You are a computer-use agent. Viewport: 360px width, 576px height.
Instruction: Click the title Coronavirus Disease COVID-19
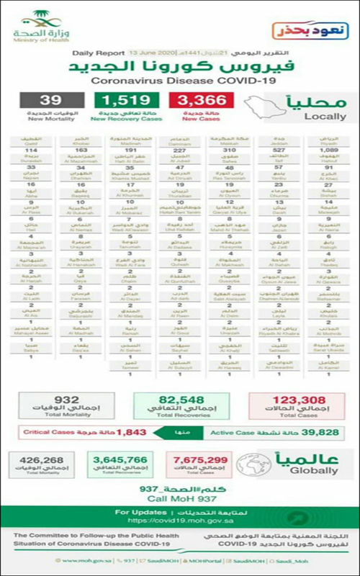[180, 81]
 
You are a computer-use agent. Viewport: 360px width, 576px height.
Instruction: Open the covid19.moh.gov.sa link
[180, 520]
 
